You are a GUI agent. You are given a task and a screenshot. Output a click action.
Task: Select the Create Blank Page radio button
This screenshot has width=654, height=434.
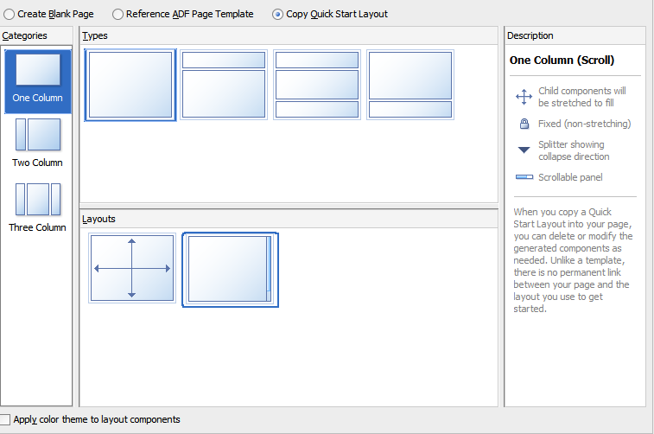coord(9,15)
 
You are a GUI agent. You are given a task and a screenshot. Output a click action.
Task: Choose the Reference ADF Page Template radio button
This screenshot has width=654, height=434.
coord(118,15)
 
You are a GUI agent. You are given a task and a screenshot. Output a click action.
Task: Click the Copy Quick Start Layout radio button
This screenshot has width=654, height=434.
coord(277,15)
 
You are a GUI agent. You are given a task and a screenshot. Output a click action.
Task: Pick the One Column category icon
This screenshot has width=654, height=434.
coord(38,70)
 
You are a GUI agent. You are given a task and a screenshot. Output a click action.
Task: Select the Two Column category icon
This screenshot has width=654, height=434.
coord(38,134)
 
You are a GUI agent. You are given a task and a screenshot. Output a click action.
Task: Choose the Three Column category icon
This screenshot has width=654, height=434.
coord(38,199)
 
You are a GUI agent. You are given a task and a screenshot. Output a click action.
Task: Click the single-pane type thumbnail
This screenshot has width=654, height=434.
coord(130,85)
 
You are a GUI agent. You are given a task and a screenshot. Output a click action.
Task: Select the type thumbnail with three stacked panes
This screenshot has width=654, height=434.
coord(317,85)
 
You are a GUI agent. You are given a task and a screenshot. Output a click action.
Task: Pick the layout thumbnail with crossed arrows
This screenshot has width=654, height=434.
coord(132,268)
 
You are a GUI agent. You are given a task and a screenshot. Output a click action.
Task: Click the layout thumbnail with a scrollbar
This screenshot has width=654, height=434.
coord(230,270)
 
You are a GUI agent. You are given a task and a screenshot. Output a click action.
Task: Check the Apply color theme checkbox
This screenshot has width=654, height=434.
coord(4,419)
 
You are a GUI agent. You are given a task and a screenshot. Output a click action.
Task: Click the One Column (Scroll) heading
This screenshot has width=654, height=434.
coord(562,61)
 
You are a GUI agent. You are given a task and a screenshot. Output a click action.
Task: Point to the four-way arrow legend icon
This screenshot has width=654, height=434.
coord(524,97)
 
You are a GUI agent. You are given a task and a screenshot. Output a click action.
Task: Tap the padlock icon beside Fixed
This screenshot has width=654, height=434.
coord(524,124)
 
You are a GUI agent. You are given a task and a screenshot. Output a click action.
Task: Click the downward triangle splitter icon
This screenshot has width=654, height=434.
coord(524,150)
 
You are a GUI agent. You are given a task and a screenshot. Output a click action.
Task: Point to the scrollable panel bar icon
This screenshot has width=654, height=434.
coord(524,177)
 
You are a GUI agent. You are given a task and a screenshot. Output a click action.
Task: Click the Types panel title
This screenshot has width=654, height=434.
coord(95,36)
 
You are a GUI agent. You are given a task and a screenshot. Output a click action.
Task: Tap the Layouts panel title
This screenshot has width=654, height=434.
coord(98,219)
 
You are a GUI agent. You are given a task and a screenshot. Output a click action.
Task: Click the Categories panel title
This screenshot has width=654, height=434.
coord(24,36)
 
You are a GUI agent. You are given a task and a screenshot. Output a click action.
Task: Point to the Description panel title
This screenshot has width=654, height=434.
coord(530,36)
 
